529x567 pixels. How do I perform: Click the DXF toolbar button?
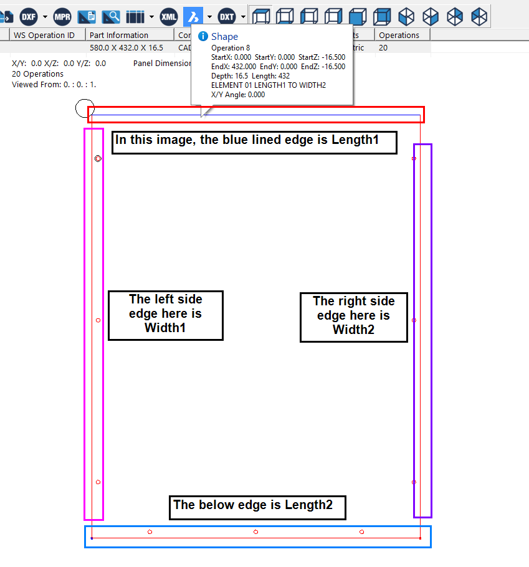pos(29,16)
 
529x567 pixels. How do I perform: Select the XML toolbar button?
pos(169,16)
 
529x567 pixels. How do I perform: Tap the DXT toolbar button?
pos(227,16)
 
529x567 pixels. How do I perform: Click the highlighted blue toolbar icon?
pos(193,16)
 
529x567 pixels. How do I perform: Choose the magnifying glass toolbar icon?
pos(111,16)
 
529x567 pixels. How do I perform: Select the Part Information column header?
pos(118,36)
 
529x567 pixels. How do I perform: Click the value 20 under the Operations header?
pos(383,47)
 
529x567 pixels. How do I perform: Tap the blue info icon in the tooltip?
pos(203,37)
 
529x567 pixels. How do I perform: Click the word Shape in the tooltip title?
pos(224,37)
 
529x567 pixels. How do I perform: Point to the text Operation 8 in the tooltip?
pos(231,48)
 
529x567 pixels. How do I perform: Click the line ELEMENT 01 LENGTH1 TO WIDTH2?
pos(269,85)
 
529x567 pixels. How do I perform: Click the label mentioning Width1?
pos(165,313)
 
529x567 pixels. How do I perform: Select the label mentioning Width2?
pos(353,316)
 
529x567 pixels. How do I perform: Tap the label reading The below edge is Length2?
pos(257,505)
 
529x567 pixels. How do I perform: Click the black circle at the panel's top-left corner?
pos(85,108)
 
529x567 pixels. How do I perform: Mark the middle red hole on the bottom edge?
pos(256,532)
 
